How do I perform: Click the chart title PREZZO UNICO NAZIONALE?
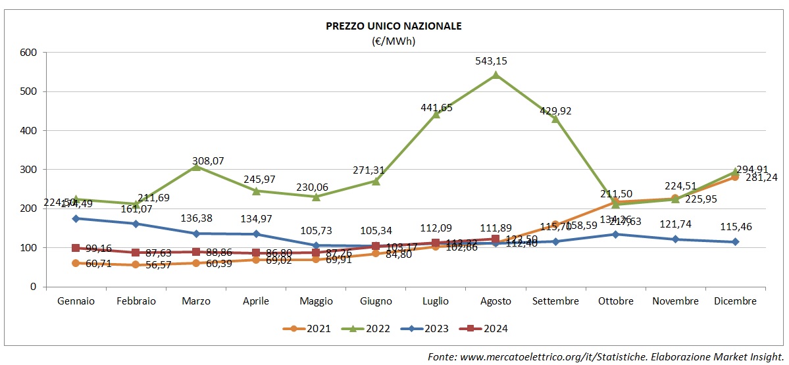[394, 26]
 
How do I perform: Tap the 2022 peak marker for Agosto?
[496, 75]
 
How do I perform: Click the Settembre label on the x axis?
[555, 301]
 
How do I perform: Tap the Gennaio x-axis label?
[76, 301]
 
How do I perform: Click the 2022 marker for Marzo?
[196, 167]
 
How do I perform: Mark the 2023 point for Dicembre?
[736, 242]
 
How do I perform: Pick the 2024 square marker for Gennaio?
[76, 248]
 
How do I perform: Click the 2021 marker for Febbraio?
[136, 264]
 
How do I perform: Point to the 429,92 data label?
[555, 111]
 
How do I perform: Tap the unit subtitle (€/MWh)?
[394, 41]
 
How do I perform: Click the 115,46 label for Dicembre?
[736, 227]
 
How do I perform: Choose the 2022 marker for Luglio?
[436, 114]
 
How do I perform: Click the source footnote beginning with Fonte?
[605, 356]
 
